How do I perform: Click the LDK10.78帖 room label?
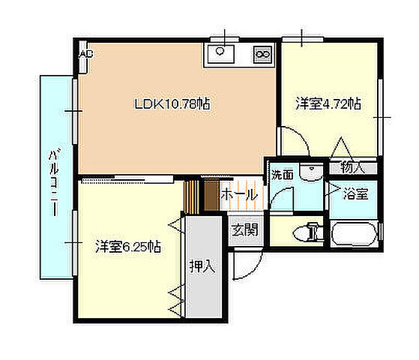(172, 104)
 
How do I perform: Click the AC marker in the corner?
(86, 54)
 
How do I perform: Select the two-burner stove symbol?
(263, 53)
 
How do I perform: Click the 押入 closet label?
(202, 266)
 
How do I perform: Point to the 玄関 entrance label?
(245, 229)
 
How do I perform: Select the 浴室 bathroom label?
(355, 194)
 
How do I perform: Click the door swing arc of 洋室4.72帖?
(293, 142)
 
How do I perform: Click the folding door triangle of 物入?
(341, 147)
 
